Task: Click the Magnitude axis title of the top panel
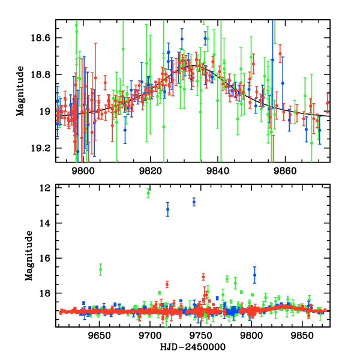pyautogui.click(x=20, y=92)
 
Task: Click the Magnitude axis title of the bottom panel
pyautogui.click(x=28, y=256)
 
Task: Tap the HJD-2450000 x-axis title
pyautogui.click(x=193, y=347)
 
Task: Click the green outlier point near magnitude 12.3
pyautogui.click(x=148, y=193)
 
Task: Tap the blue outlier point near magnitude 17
pyautogui.click(x=254, y=275)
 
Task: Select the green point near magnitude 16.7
pyautogui.click(x=100, y=270)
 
